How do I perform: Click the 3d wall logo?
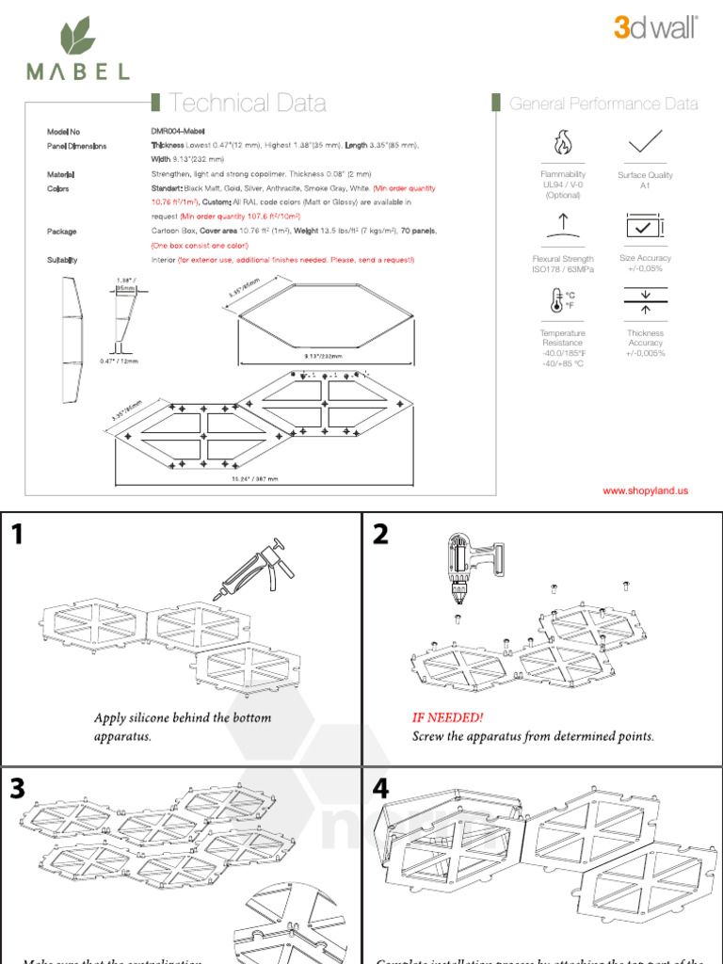(655, 29)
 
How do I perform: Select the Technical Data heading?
(248, 104)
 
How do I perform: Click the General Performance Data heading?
(603, 104)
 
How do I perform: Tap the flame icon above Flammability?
(563, 144)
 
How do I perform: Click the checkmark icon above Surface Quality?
(645, 142)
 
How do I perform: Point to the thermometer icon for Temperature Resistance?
(562, 301)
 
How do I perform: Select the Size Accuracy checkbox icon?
(645, 226)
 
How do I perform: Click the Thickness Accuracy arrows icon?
(645, 301)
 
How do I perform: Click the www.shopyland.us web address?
(646, 490)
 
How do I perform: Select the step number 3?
(18, 789)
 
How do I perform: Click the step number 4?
(380, 789)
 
